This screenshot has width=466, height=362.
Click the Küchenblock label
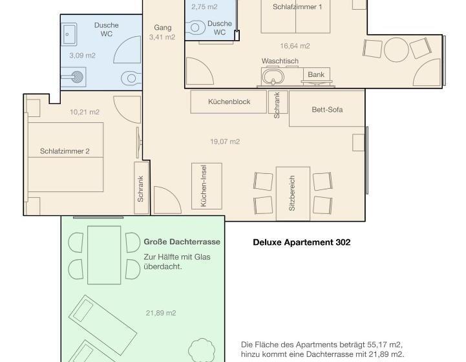[x=229, y=101]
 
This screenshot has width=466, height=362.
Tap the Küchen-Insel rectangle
[x=207, y=186]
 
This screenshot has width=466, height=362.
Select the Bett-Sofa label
[x=327, y=110]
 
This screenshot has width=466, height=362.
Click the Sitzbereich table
[x=293, y=193]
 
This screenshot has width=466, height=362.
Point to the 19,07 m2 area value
[x=225, y=142]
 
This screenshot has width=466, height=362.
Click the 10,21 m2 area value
[x=85, y=112]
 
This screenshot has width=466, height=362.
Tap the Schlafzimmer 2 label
[x=65, y=151]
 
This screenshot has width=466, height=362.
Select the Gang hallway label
[x=163, y=28]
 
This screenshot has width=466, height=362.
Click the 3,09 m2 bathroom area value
[x=82, y=56]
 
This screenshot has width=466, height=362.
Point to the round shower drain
[x=78, y=77]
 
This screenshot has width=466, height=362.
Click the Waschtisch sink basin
[x=273, y=77]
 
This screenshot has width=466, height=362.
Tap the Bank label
[x=316, y=74]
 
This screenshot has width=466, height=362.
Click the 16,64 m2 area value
[x=295, y=46]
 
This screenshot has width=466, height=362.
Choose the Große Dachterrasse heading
[x=182, y=242]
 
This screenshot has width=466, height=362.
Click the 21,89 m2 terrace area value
[x=161, y=313]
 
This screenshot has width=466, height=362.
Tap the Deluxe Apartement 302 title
[x=302, y=242]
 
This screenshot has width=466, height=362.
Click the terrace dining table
[x=104, y=255]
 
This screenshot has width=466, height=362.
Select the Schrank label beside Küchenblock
[x=277, y=105]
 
